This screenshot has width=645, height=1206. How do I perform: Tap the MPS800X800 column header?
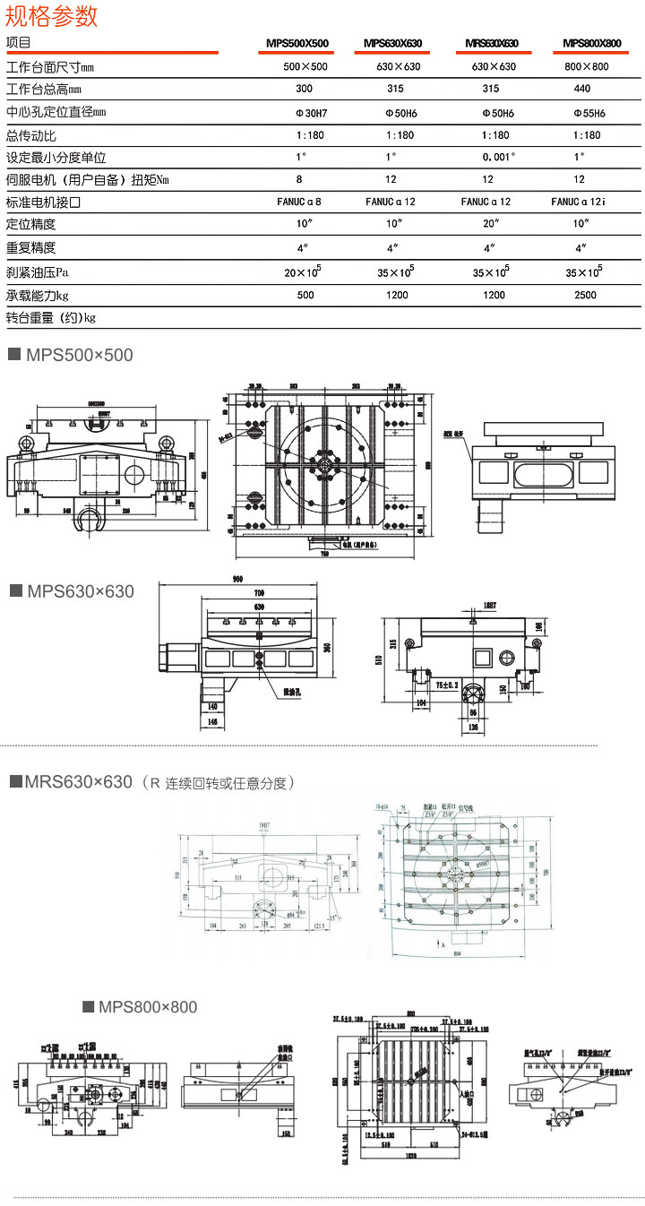tap(592, 43)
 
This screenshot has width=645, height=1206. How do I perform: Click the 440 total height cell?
tap(582, 90)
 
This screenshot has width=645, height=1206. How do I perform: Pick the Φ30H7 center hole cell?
tap(305, 113)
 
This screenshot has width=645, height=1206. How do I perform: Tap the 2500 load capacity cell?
tap(586, 295)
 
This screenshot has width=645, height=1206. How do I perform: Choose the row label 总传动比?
tap(31, 135)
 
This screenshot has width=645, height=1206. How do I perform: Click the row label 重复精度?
tap(31, 247)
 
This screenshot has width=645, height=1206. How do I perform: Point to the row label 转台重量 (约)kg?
tap(51, 317)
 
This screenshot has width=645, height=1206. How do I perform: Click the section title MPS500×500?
tap(79, 356)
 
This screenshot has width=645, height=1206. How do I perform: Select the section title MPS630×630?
tap(80, 591)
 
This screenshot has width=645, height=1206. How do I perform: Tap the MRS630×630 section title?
tap(79, 782)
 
